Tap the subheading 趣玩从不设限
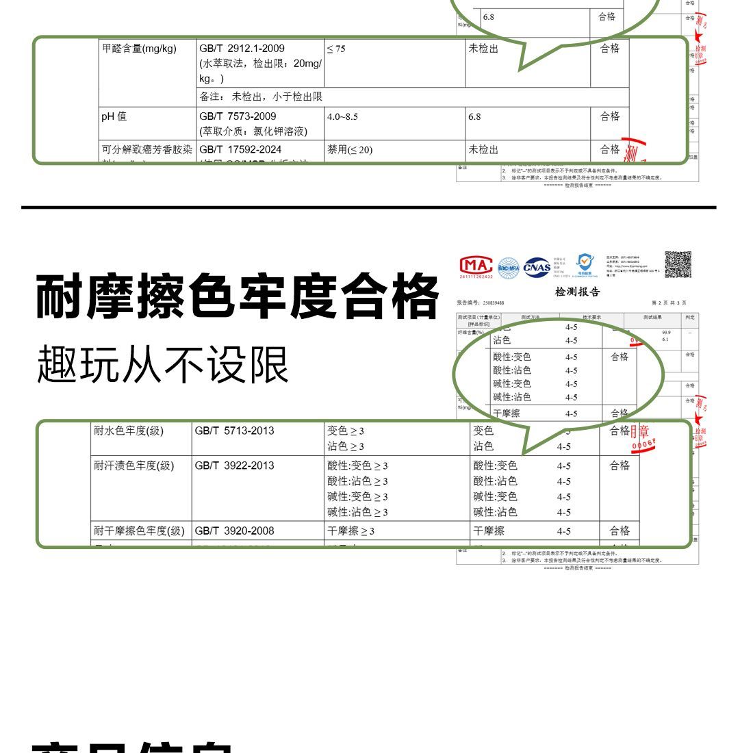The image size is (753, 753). coord(163,364)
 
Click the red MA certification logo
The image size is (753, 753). coord(476,267)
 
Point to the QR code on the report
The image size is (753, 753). coord(678,265)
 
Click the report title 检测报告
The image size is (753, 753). coord(577,292)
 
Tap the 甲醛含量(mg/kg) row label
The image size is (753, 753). coord(139,49)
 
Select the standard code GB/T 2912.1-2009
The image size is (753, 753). coord(242,49)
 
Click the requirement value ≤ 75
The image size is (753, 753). coord(336,49)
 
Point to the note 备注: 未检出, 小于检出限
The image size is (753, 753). coord(261,97)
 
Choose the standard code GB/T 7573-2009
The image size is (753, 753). coord(238,116)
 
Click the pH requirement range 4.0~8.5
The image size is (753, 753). coord(342,116)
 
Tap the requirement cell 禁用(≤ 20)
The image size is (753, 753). coord(350,149)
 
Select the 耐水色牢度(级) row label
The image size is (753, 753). coord(129,431)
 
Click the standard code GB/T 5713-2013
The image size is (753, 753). coord(234,431)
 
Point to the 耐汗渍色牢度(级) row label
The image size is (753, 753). coord(134,465)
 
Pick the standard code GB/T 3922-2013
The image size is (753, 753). coord(234,465)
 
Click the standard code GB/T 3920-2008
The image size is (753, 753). coord(234,531)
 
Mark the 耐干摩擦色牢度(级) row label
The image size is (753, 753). coord(140,531)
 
